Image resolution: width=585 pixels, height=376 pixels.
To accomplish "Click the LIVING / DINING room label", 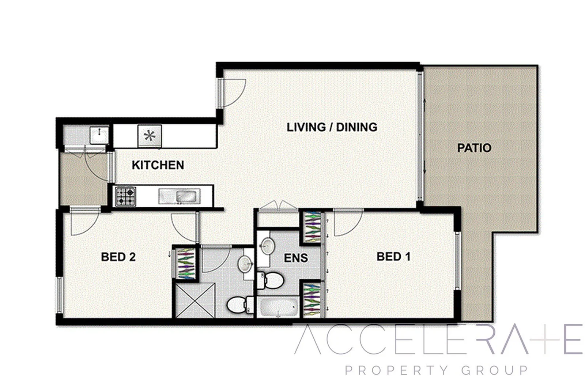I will coord(332,127).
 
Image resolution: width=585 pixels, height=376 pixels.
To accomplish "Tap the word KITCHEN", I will coord(158,165).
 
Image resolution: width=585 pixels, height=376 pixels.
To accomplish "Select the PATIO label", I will coord(474,148).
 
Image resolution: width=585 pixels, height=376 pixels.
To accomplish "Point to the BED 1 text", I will coord(393,257).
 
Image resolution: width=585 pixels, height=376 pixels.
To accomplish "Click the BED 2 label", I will coord(118,257).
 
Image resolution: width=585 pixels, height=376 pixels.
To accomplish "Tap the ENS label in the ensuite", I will coord(296,258).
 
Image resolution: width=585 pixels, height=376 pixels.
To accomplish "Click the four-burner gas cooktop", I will coord(125,197).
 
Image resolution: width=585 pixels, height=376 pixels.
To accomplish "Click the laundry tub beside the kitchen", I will coord(99,136).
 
